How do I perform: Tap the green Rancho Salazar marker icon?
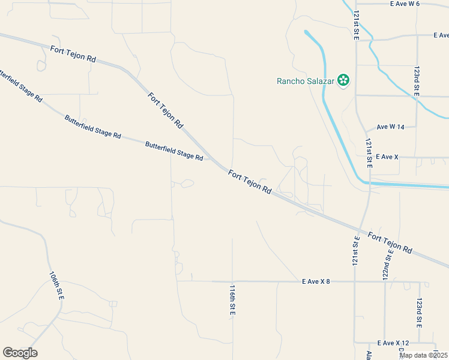coord(343,80)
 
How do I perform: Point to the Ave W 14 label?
coord(391,127)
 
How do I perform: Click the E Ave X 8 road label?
coord(316,281)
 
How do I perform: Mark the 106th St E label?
coord(57,285)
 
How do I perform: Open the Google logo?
coord(20,353)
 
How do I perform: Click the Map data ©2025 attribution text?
coord(423,355)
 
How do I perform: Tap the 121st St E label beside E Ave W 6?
coord(356,25)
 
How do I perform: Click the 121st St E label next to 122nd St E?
coord(355,250)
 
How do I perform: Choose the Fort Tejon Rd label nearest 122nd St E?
coord(390,241)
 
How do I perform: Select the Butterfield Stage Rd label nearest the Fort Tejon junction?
coord(174,150)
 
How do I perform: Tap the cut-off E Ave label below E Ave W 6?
coord(441,35)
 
